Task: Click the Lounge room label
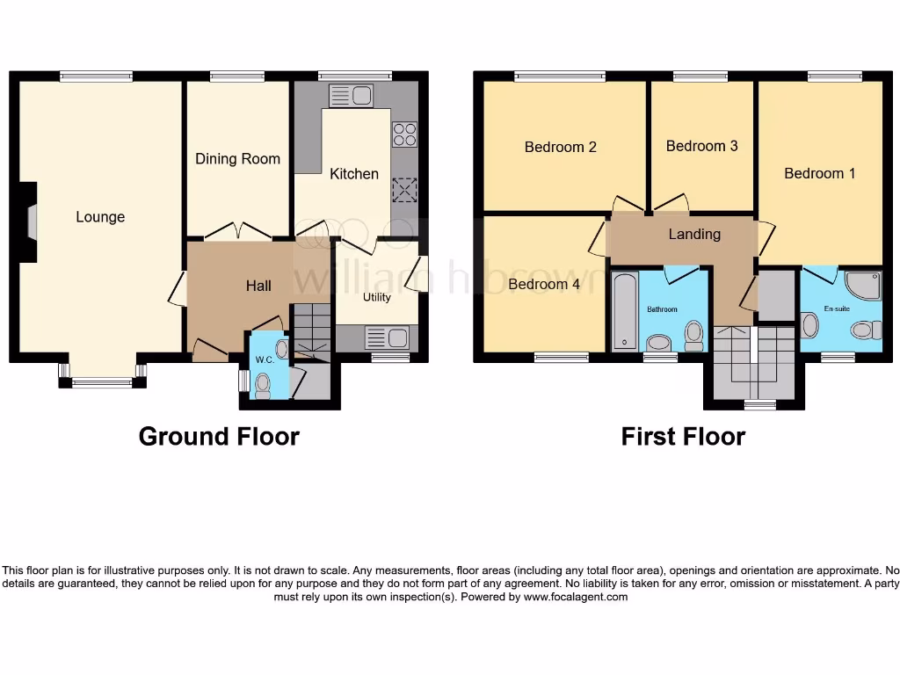point(100,217)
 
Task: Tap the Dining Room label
point(237,159)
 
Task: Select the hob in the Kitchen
point(404,134)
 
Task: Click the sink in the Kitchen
point(351,95)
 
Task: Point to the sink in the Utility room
point(387,337)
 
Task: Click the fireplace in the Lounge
point(32,221)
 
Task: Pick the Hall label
point(258,286)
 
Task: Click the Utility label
point(377,297)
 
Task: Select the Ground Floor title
point(219,436)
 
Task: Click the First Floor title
point(683,436)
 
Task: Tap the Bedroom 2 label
point(561,147)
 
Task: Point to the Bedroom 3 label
point(701,146)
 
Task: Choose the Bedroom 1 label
point(819,173)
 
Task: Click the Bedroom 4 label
point(544,285)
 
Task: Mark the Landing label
point(694,234)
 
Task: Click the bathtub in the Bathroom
point(625,312)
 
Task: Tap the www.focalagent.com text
point(576,597)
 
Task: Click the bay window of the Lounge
point(101,381)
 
